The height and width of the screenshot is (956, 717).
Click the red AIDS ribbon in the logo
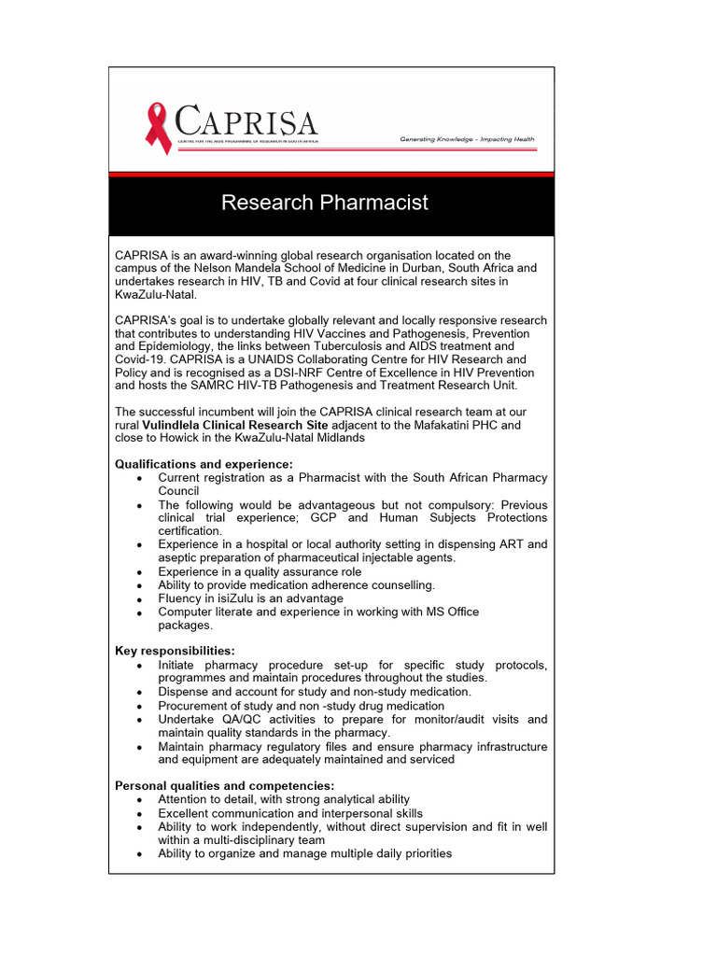[158, 128]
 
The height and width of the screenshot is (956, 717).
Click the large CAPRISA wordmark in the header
[246, 122]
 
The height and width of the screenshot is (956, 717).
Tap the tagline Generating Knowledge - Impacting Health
[467, 139]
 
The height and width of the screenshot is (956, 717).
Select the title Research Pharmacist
[325, 203]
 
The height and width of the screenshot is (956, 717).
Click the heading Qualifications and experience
[204, 464]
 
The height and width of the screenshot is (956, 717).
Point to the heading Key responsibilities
[175, 650]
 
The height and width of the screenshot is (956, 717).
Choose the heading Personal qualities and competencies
[224, 785]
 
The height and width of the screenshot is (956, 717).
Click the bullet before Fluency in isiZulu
[139, 599]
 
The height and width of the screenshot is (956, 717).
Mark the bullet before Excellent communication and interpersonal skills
[139, 814]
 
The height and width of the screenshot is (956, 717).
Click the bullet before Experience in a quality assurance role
[139, 572]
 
